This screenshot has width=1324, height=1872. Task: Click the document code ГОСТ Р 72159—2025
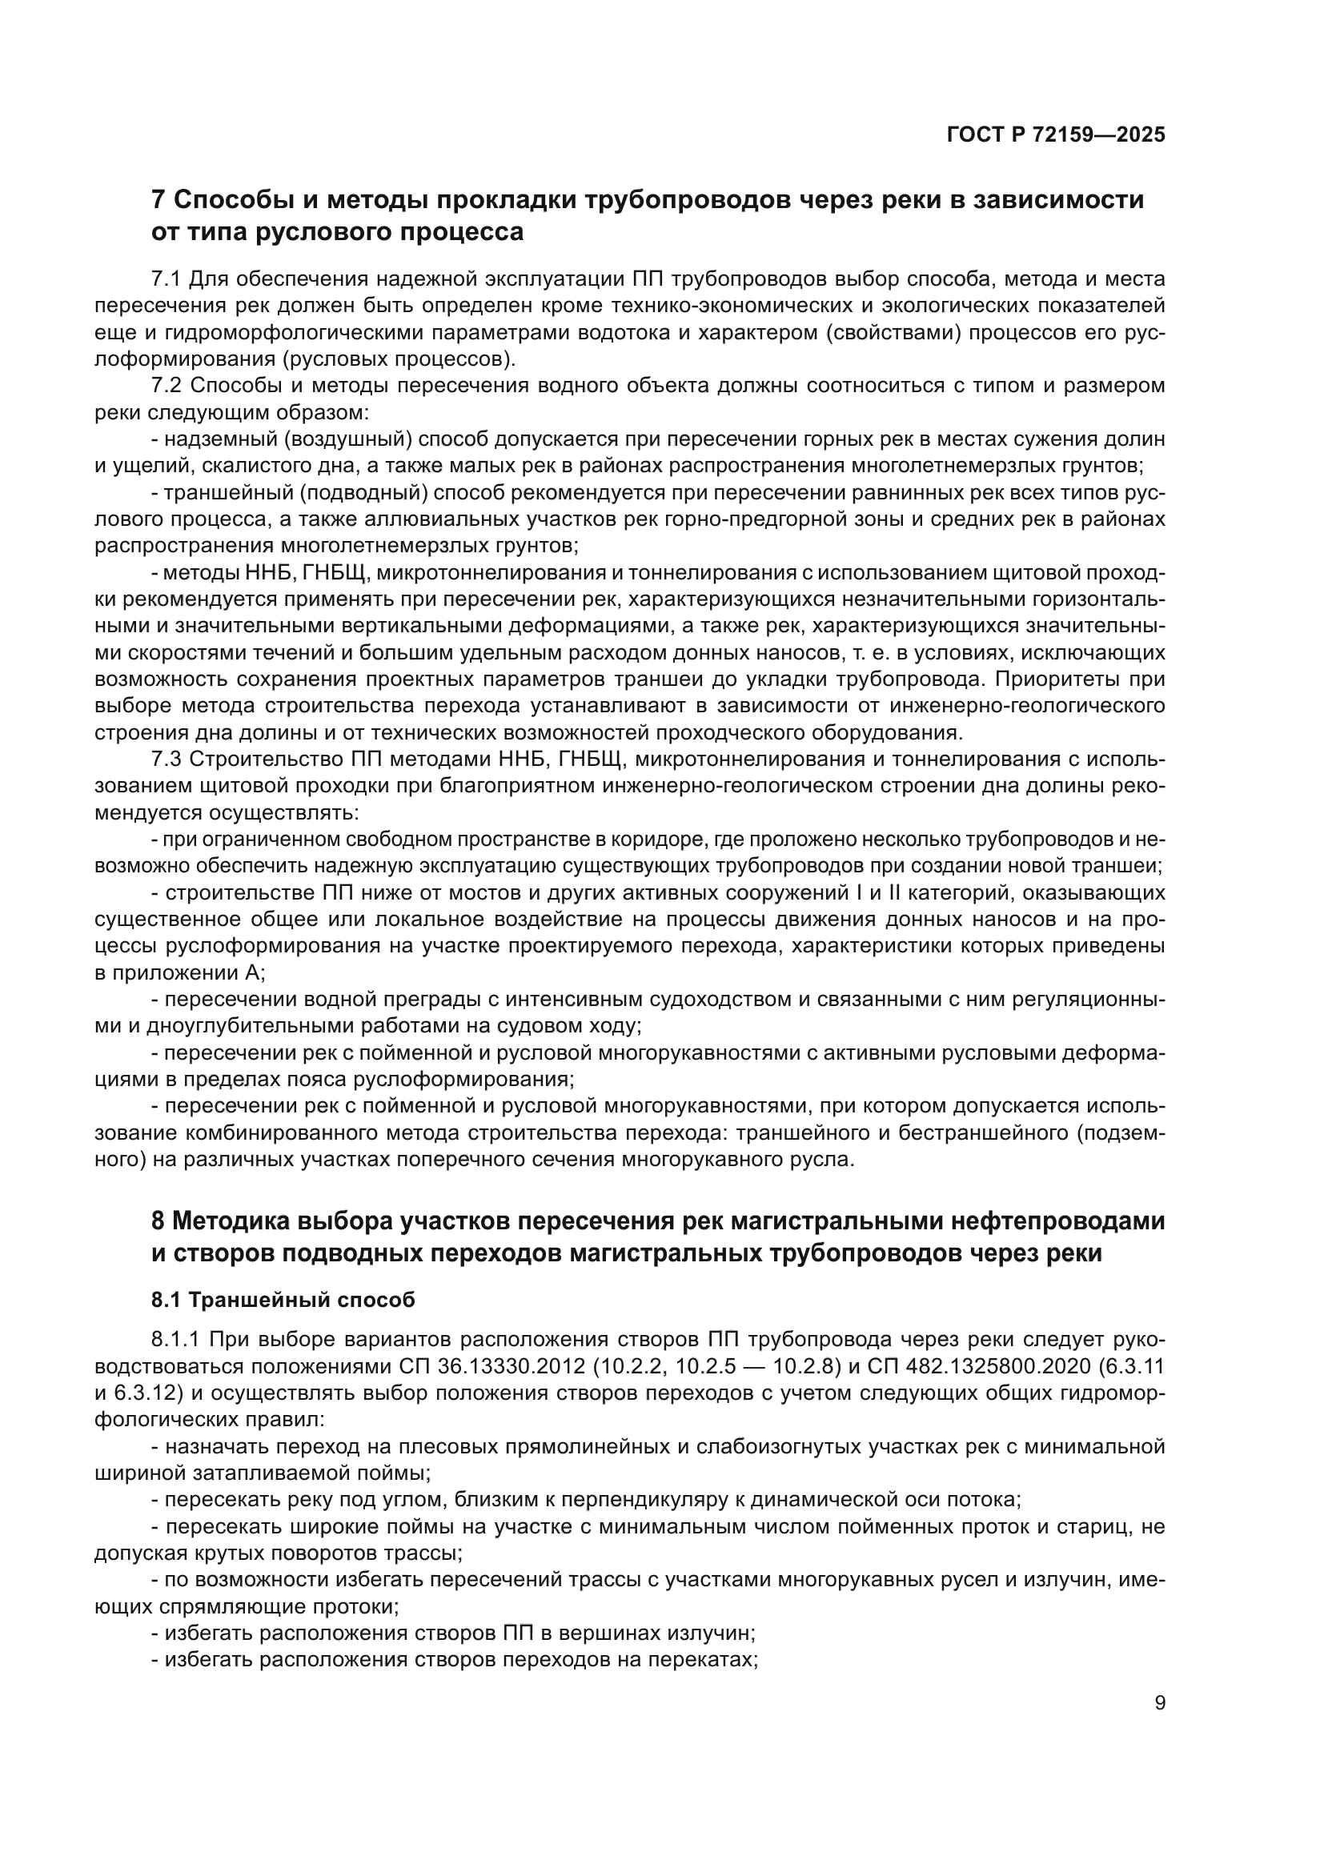coord(1056,135)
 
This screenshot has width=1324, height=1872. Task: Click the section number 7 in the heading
coord(159,200)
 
